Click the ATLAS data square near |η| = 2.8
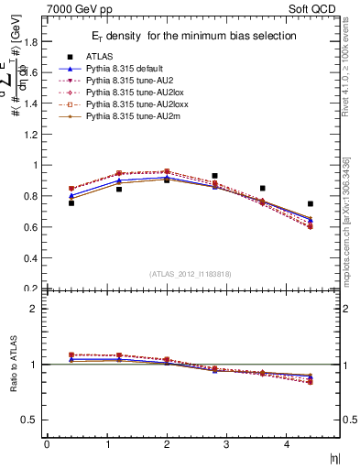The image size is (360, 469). coord(214,176)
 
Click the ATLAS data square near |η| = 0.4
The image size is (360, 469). coord(71,202)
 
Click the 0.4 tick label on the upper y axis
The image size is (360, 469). coord(31,258)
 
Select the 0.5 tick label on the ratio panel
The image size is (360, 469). coord(31,420)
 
